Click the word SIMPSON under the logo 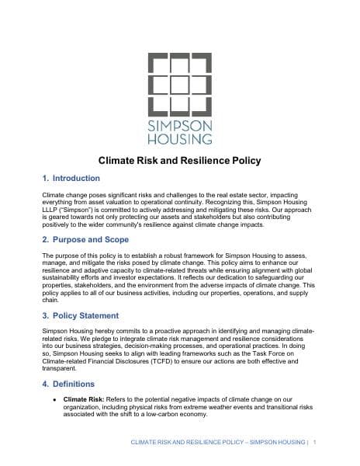179,125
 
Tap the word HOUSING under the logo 179,140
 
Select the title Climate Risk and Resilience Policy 179,162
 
